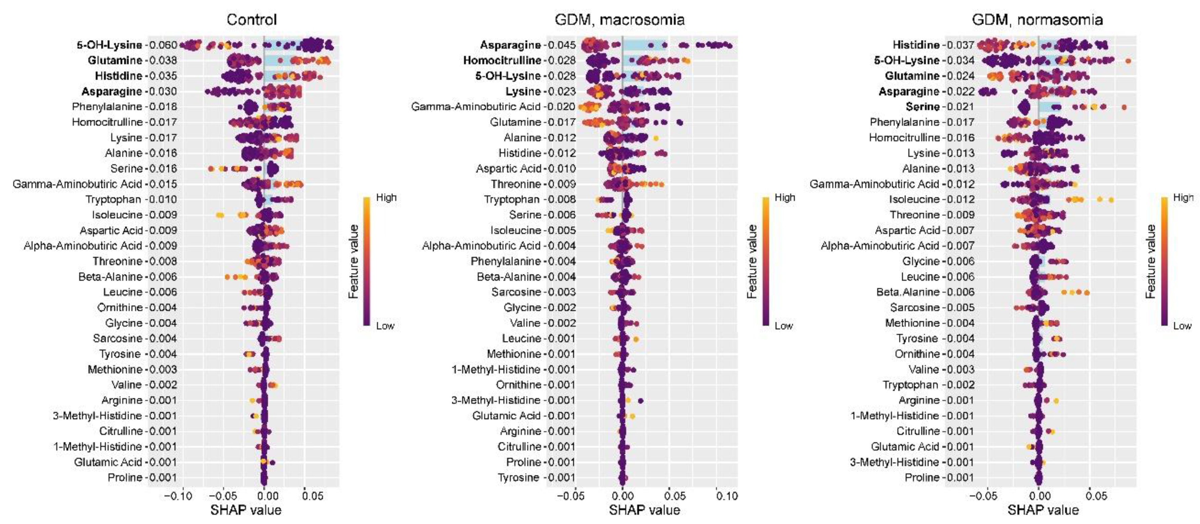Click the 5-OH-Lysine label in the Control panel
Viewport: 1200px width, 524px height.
109,45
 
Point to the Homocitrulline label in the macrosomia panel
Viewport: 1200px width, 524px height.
502,60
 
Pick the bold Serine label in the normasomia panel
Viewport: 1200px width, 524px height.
922,107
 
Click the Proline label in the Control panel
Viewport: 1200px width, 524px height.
124,477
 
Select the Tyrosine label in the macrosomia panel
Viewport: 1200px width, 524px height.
518,477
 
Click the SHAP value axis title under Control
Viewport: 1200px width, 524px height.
246,510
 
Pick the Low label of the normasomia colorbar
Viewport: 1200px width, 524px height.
1182,325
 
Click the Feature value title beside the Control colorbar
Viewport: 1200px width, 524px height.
354,261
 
